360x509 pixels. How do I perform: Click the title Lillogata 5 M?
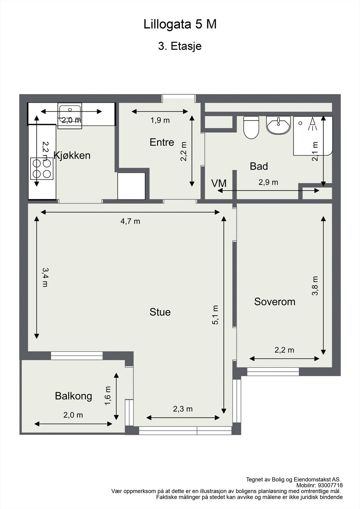180,24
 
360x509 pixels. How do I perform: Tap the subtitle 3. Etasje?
180,46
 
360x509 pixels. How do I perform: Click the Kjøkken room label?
72,156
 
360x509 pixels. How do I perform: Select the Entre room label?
162,142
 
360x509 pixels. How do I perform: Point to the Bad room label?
259,166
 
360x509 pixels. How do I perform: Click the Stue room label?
160,312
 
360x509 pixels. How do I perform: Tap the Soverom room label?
275,302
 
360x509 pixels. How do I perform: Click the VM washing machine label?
219,183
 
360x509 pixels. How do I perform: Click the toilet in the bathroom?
251,127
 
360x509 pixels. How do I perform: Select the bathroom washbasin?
279,125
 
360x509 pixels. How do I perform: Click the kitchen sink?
70,116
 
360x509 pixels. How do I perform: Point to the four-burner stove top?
42,169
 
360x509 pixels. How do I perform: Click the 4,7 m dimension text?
130,221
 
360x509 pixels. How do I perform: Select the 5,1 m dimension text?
215,315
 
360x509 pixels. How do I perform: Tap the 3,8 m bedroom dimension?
315,286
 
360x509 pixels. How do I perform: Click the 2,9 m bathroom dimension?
268,182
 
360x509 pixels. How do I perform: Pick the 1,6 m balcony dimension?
108,396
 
